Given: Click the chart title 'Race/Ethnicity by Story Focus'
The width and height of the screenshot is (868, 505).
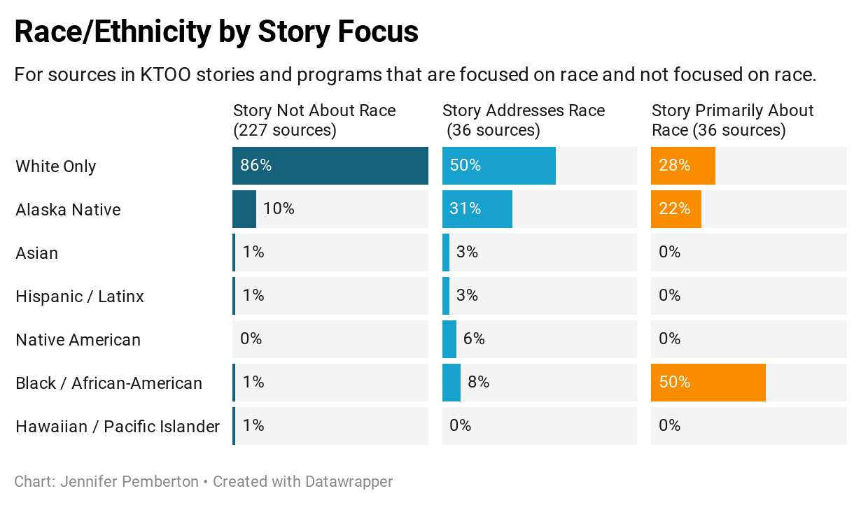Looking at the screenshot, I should [x=216, y=31].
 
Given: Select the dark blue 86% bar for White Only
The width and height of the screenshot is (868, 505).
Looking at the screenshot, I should [x=330, y=166].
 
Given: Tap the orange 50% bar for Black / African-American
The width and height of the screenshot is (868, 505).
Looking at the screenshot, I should [x=708, y=383].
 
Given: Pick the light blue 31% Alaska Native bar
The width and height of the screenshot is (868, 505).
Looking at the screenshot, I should [x=477, y=209].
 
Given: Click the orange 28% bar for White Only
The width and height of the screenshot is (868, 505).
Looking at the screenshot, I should [x=682, y=166].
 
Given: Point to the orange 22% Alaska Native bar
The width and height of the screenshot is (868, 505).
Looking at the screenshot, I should [x=675, y=209].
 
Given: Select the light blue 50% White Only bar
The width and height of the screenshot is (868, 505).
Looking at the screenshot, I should [x=498, y=166].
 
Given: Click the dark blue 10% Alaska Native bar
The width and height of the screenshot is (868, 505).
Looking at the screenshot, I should [x=244, y=209].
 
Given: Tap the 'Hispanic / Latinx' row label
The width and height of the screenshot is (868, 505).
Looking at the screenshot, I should [x=80, y=297].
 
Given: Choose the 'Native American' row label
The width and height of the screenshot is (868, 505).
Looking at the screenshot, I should [x=78, y=340].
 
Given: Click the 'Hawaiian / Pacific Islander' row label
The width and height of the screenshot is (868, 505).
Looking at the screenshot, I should [x=118, y=427].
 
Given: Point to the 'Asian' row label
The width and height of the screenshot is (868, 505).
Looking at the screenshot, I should [x=37, y=253].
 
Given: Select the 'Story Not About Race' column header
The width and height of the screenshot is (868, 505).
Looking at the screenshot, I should [x=314, y=120].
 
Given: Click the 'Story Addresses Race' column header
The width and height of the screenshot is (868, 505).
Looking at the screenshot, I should [x=523, y=120].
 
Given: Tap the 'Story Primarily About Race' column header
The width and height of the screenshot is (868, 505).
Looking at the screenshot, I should [x=732, y=120].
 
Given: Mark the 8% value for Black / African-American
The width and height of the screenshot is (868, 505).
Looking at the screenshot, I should [x=478, y=383].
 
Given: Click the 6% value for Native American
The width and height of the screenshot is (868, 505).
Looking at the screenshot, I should [x=474, y=339].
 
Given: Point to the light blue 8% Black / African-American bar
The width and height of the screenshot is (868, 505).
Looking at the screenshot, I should [x=451, y=383].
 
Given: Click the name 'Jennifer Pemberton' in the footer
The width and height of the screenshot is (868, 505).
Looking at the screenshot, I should [x=129, y=482].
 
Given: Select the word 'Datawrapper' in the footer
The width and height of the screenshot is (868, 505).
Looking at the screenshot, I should [x=349, y=482].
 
